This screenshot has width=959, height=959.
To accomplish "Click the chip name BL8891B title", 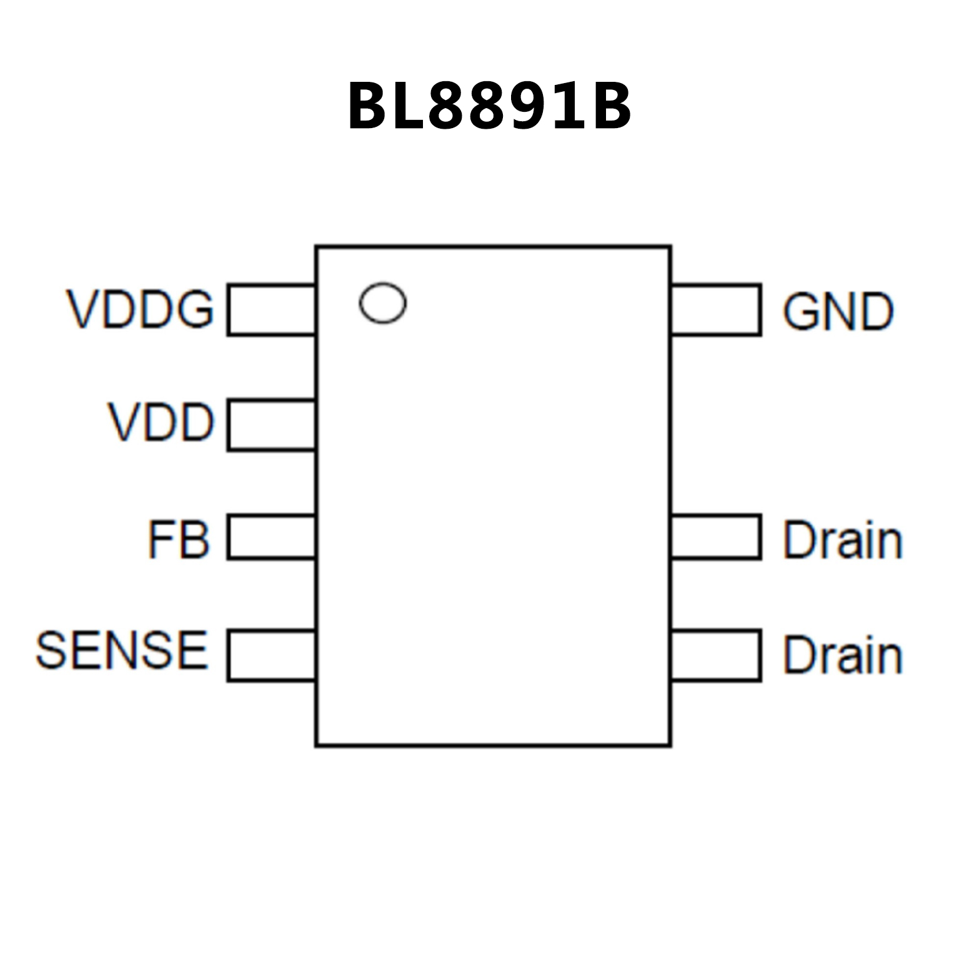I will (489, 106).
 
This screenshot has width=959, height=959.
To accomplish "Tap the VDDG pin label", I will (140, 309).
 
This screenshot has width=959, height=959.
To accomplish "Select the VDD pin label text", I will (161, 423).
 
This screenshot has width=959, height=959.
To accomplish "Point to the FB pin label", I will (178, 539).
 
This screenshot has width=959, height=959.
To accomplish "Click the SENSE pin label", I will (122, 650).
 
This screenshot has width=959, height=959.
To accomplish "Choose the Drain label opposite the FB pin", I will (843, 540).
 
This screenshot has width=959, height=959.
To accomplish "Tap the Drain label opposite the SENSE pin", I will (843, 655).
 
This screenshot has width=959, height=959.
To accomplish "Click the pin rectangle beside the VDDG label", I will (272, 309).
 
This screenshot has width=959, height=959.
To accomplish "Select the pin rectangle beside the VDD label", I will (272, 425).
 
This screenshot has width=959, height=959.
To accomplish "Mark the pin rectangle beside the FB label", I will (272, 537).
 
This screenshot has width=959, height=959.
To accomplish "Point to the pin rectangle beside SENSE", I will (272, 655).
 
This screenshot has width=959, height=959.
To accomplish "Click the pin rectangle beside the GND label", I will (716, 309).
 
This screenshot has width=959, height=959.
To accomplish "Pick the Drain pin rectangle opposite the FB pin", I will (716, 537).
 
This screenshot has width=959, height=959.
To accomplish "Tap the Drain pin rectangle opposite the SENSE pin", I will (716, 655).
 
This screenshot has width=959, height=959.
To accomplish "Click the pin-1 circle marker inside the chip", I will (383, 304).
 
